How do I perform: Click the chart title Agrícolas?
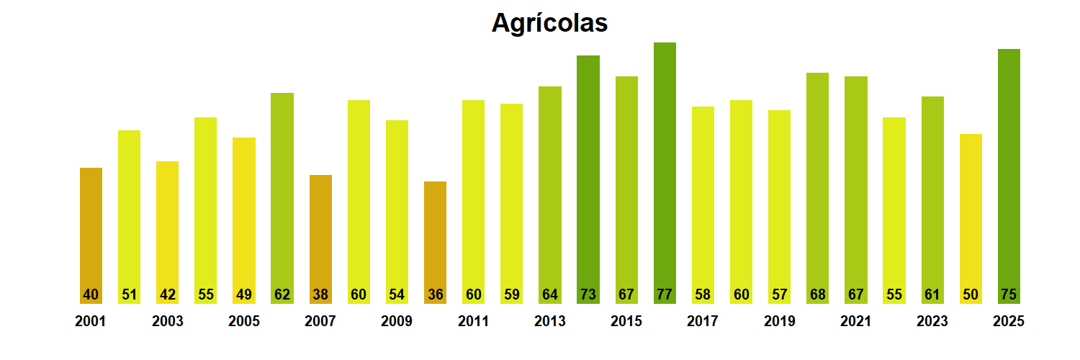coord(549,23)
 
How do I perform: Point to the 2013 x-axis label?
coord(549,321)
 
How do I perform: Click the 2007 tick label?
coord(320,321)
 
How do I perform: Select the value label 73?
coord(588,294)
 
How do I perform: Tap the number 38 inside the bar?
coord(320,294)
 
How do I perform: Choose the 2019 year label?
coord(779,321)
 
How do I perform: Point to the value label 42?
coord(168,294)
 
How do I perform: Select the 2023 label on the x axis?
coord(932,321)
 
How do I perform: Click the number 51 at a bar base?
coord(130,294)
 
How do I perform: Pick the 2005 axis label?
coord(244,321)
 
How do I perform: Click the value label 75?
coord(1009,294)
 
